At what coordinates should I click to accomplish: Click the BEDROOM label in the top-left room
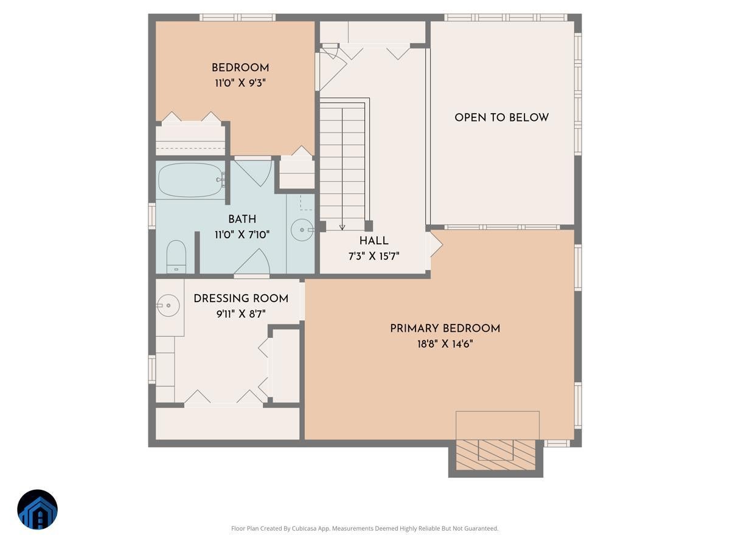(x=240, y=67)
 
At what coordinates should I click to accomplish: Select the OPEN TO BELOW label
(x=502, y=117)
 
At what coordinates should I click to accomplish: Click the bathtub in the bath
(x=190, y=180)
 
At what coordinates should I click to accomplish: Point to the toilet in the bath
(x=176, y=256)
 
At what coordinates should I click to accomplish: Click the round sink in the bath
(x=302, y=230)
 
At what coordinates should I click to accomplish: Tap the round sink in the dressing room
(x=168, y=304)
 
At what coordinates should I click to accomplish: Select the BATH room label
(x=242, y=219)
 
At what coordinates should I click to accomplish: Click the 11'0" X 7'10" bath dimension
(x=242, y=234)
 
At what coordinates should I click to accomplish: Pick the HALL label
(x=374, y=241)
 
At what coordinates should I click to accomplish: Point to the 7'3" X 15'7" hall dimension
(x=374, y=256)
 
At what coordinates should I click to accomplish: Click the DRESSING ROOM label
(x=241, y=298)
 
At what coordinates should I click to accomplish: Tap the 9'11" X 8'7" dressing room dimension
(x=241, y=314)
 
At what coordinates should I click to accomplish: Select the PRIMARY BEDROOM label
(x=445, y=328)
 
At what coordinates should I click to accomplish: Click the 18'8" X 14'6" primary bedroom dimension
(x=445, y=344)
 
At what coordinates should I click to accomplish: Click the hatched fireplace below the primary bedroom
(x=496, y=453)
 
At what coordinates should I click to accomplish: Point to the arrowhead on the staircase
(x=342, y=227)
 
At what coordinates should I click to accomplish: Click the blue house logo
(x=37, y=509)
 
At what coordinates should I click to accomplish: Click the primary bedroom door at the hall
(x=436, y=244)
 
